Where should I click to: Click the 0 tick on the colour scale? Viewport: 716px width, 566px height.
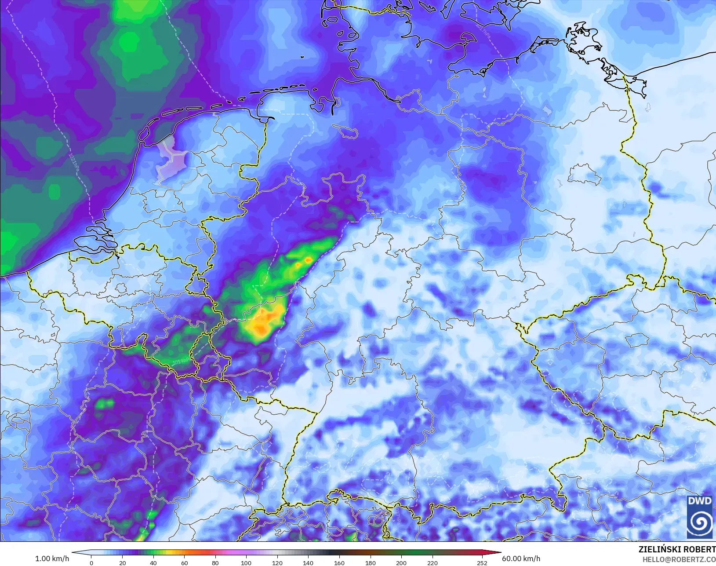point(91,562)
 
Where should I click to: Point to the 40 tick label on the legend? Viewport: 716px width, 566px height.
point(153,562)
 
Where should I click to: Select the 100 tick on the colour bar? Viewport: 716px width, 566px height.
point(246,562)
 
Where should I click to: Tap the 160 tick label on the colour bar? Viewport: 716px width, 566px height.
point(339,562)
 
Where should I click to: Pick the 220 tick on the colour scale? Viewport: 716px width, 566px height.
point(432,562)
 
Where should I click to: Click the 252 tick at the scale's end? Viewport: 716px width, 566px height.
point(482,562)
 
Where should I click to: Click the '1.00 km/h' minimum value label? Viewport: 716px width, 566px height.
point(52,559)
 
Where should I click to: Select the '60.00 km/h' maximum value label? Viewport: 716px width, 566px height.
point(521,559)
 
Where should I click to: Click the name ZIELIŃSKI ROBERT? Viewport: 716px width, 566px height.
point(677,549)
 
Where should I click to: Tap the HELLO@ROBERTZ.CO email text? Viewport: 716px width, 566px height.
point(679,559)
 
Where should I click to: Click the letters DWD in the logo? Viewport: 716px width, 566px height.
point(699,501)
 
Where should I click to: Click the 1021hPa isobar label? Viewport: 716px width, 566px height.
point(74,161)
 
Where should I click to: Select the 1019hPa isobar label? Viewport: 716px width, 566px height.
point(182,362)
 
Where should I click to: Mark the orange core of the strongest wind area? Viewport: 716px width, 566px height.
point(264,321)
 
